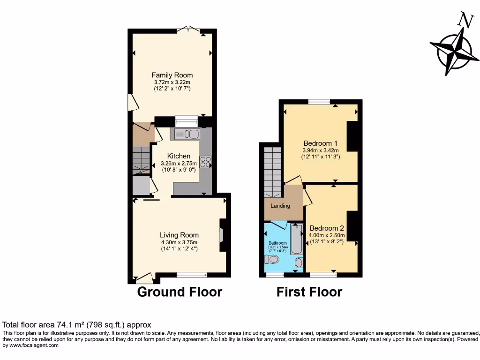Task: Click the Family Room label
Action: (172, 75)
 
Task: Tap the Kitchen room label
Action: (179, 156)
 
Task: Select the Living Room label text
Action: (179, 235)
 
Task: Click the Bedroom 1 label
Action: (320, 143)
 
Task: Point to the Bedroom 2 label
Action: (327, 228)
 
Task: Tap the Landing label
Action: (280, 206)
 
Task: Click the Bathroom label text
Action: (277, 243)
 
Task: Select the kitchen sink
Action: (187, 135)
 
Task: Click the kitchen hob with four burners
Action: (206, 162)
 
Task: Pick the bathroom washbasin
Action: (299, 263)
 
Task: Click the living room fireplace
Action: (221, 235)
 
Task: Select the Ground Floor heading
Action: (179, 292)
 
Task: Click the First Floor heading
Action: (309, 292)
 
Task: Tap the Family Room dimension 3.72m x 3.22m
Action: (172, 82)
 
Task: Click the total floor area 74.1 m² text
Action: (77, 324)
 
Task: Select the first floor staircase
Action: (272, 172)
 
